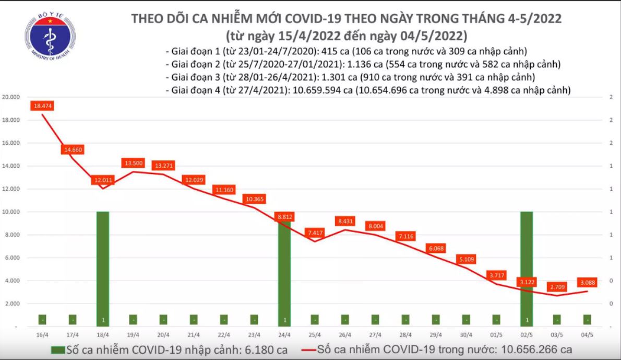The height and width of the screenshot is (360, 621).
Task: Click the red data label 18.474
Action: point(43,106)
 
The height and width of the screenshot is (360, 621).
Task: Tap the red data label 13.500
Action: point(133,163)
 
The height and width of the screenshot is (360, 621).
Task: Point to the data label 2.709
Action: point(558,287)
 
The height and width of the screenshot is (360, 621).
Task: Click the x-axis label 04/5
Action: point(587,335)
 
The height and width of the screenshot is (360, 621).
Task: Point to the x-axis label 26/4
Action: point(345,335)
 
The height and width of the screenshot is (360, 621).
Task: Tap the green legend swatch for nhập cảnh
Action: point(58,350)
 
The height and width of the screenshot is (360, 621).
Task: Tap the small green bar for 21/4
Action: point(194,319)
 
